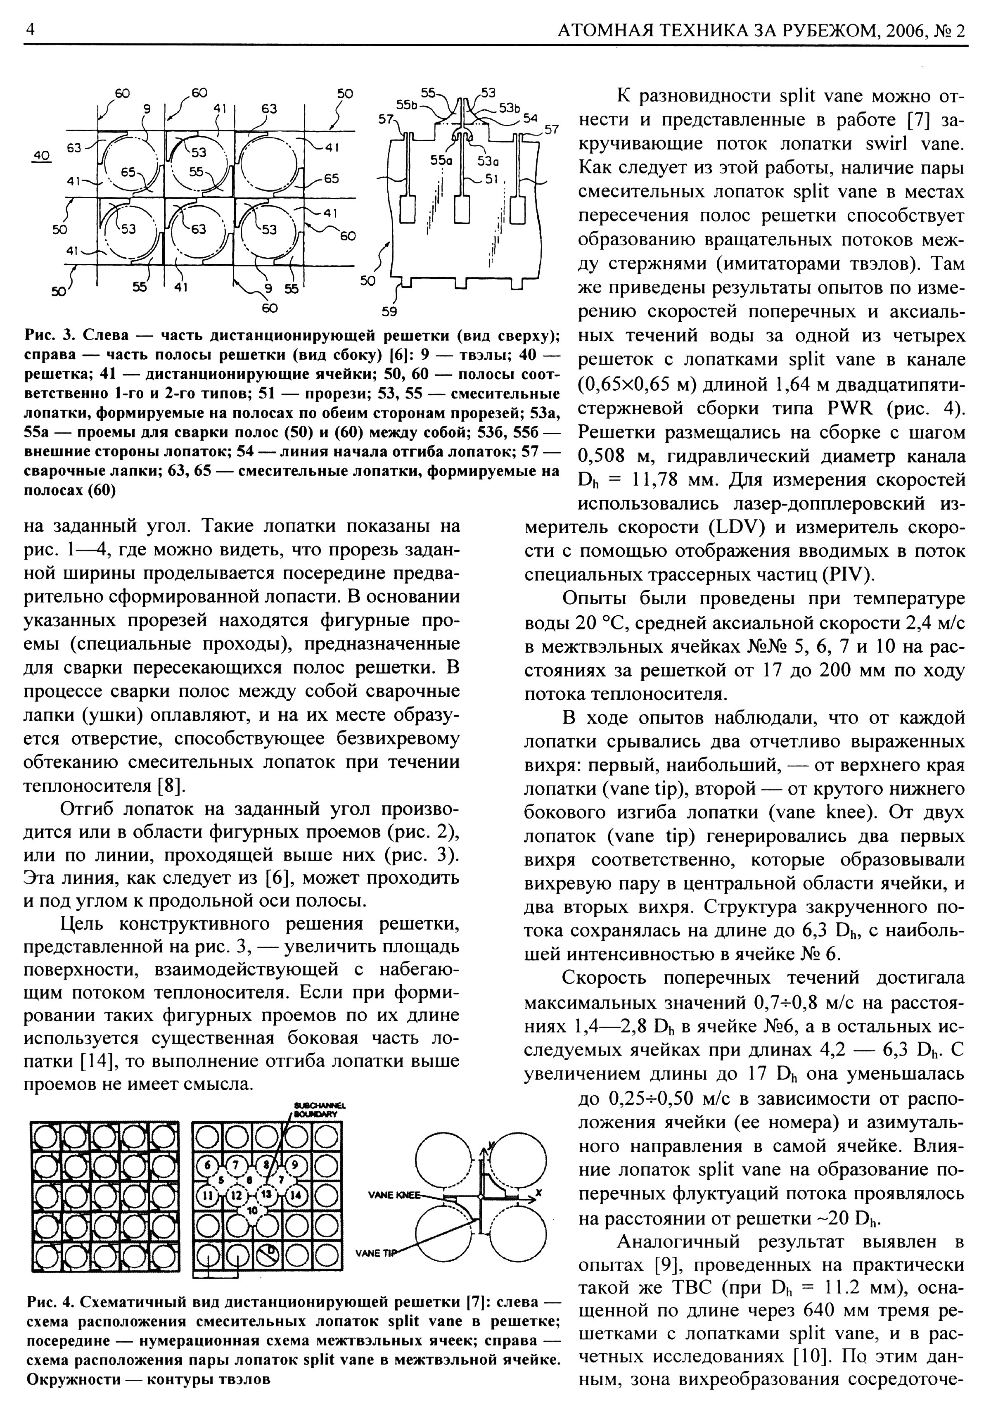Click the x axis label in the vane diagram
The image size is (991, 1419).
[539, 1191]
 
